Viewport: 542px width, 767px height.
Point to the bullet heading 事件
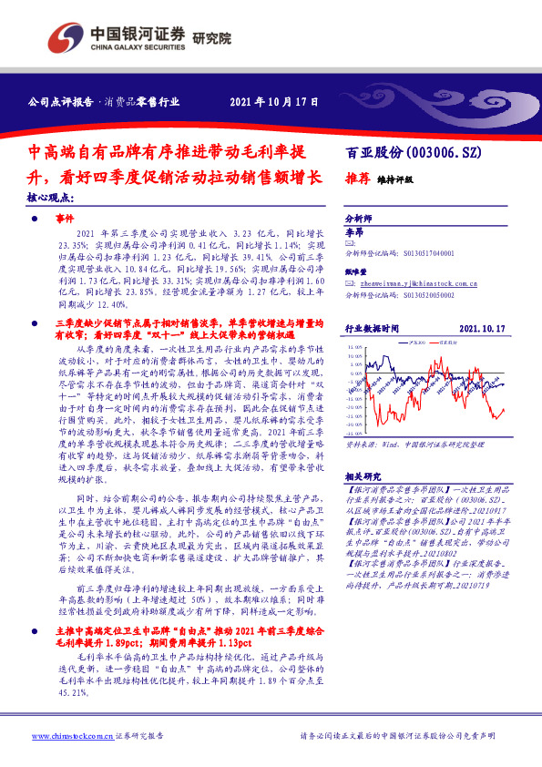pos(63,220)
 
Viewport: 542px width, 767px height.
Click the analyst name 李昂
pos(354,233)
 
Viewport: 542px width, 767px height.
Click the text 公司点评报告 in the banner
pos(59,102)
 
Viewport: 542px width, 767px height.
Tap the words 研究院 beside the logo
pos(211,39)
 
